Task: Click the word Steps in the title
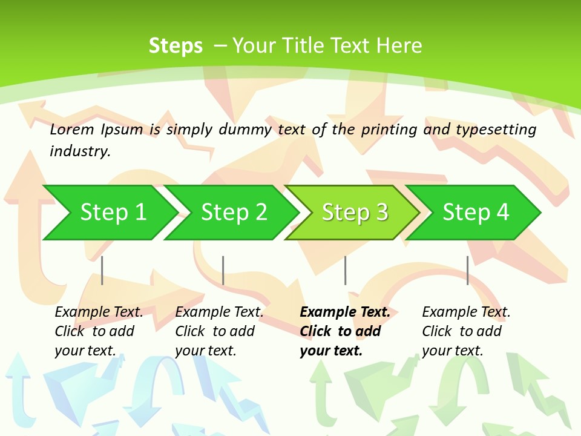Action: click(x=176, y=46)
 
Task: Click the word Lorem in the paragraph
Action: click(x=71, y=129)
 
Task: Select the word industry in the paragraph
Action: click(x=79, y=151)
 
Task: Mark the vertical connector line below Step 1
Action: click(x=102, y=270)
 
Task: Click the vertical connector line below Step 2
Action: click(x=223, y=270)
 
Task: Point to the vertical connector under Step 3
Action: click(x=346, y=270)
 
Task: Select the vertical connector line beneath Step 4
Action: click(x=468, y=270)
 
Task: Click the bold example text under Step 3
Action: click(x=344, y=331)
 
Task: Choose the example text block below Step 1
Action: click(x=98, y=331)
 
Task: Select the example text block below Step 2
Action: click(x=218, y=331)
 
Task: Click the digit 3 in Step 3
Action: click(x=381, y=213)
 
